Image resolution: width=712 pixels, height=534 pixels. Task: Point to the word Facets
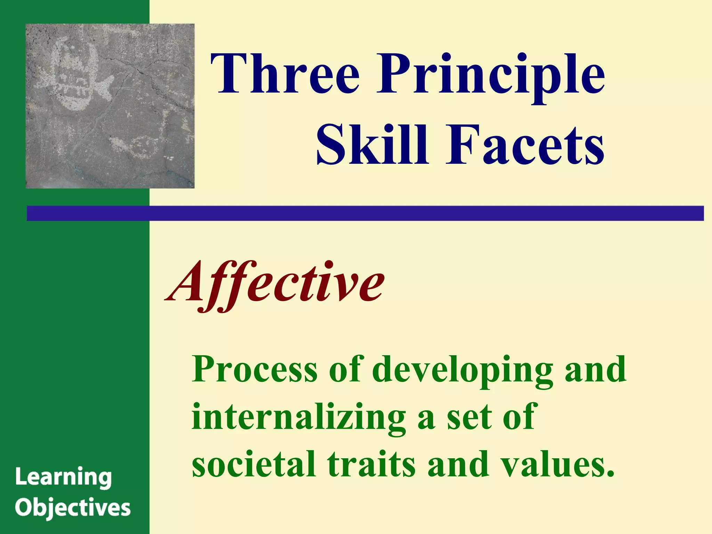[x=525, y=145]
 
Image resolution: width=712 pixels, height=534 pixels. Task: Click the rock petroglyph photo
[x=110, y=106]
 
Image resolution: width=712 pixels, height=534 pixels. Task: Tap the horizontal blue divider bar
[x=365, y=213]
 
